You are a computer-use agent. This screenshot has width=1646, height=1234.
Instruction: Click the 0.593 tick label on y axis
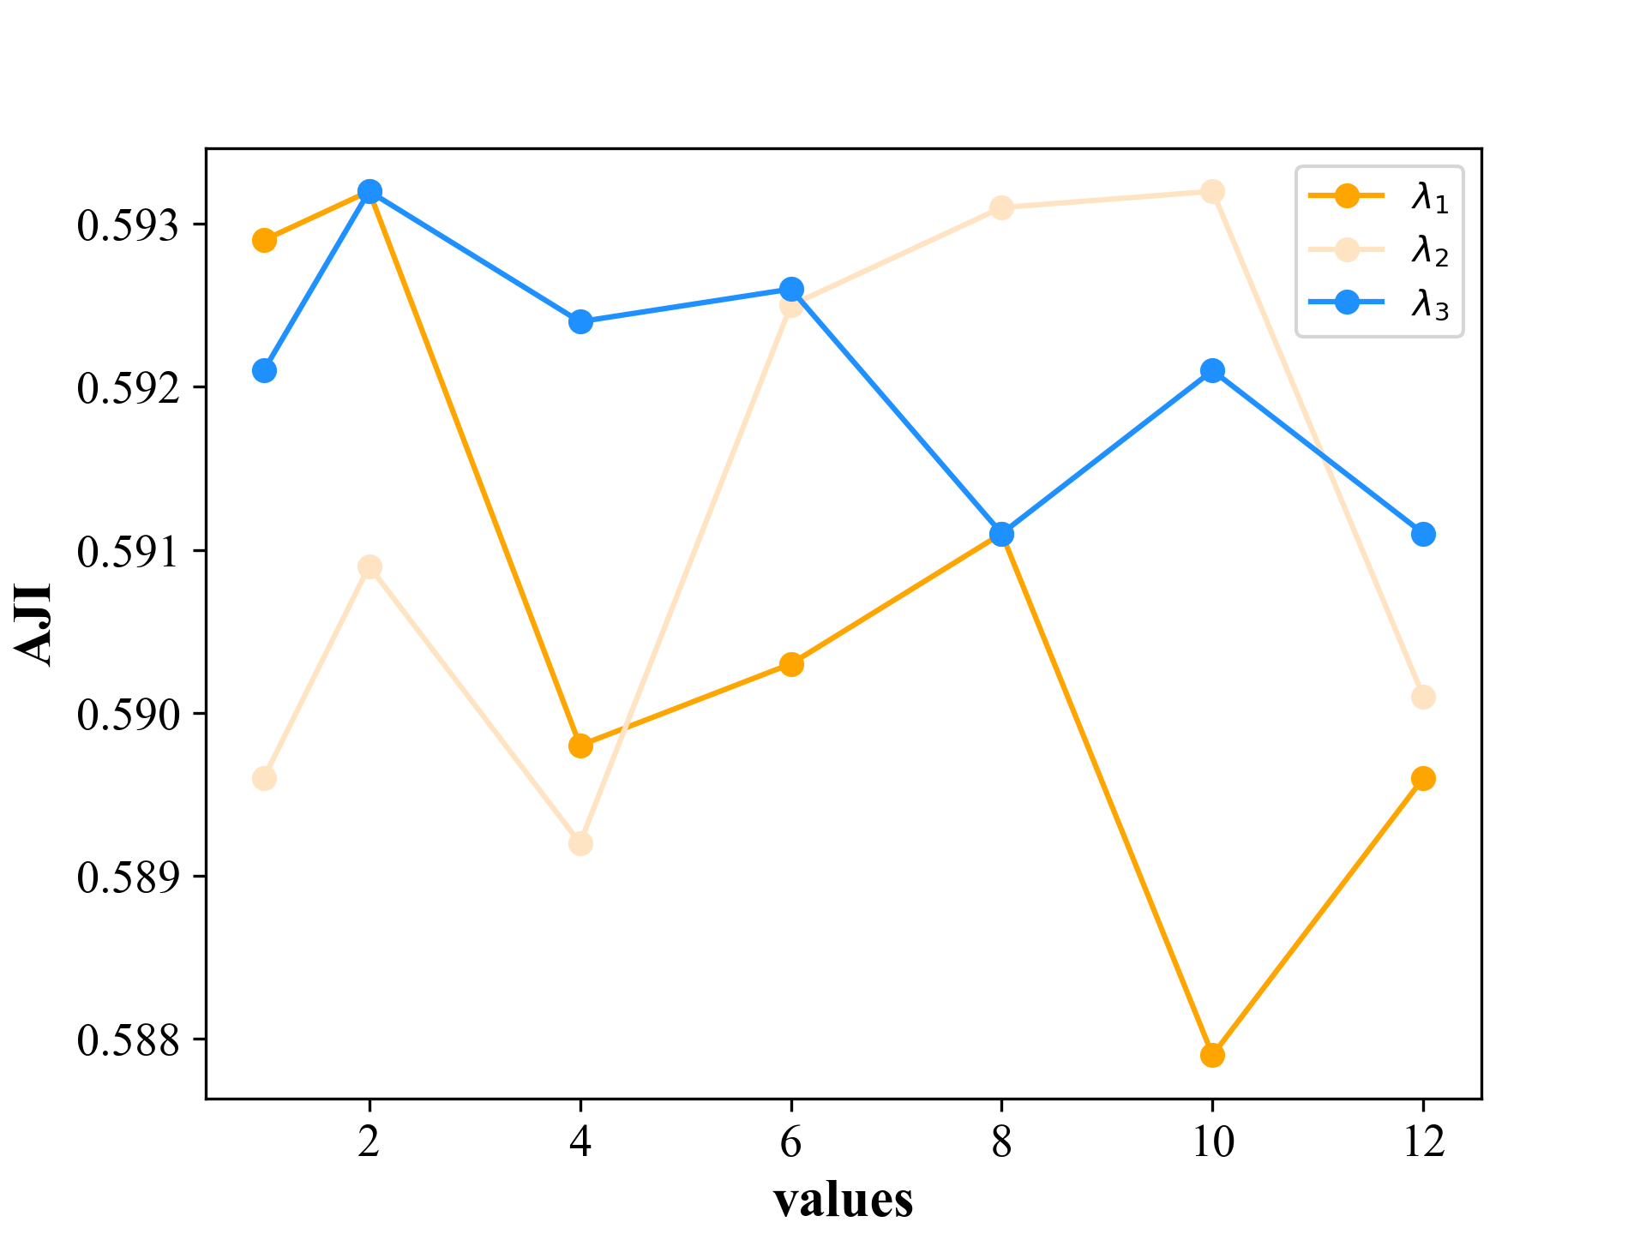coord(129,226)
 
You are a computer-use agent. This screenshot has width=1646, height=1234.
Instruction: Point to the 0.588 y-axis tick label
coord(129,1040)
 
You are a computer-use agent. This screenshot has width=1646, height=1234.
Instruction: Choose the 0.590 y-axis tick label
coord(129,715)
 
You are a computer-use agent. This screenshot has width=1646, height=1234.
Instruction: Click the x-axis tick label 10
coord(1212,1141)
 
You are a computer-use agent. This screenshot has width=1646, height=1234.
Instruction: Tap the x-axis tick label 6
coord(791,1141)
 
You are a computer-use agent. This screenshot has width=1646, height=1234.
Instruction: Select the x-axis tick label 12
coord(1423,1141)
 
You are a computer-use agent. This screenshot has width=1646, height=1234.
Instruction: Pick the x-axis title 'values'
coord(844,1200)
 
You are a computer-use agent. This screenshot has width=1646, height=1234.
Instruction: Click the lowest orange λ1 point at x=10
coord(1212,1055)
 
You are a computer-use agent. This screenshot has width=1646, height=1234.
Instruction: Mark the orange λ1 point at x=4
coord(580,746)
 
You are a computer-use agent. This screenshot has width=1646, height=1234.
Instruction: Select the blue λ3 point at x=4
coord(580,322)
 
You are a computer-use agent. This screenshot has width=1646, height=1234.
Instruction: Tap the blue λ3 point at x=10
coord(1212,371)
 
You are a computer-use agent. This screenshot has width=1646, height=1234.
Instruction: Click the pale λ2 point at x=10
coord(1212,191)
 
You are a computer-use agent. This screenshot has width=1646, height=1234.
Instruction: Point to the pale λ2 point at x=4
coord(580,843)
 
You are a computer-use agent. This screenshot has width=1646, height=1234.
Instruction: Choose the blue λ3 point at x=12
coord(1423,534)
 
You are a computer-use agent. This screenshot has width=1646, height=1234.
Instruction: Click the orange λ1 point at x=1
coord(265,240)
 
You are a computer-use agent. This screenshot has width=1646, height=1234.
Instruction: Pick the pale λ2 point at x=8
coord(1001,207)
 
